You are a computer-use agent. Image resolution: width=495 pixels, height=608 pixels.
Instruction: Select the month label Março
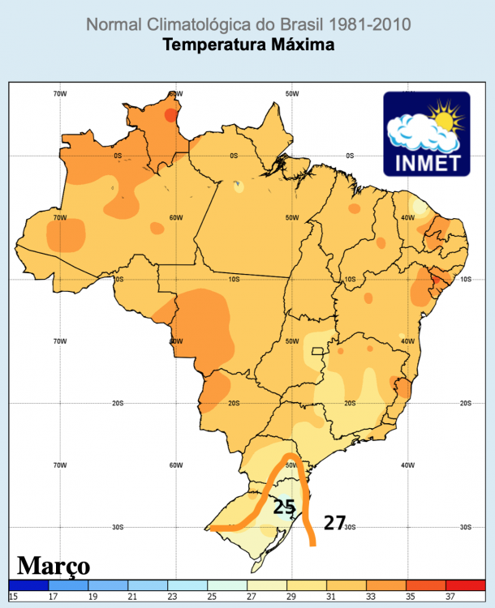coord(54,565)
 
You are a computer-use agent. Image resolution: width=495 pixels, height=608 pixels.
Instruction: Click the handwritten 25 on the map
coord(283,507)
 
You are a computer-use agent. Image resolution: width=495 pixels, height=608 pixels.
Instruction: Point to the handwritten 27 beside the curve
coord(334,523)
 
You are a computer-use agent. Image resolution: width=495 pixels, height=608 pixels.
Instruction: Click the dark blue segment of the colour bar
coord(28,584)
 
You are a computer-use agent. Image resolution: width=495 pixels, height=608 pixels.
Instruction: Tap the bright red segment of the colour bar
coord(466,584)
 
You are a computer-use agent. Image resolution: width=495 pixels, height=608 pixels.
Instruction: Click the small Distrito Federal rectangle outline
coord(317,353)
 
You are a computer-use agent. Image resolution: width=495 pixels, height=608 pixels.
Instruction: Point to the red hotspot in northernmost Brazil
coord(170,115)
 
